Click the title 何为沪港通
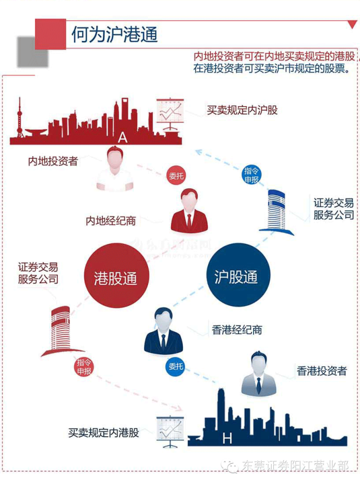(x=114, y=35)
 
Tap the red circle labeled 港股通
(x=115, y=277)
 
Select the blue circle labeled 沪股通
(x=236, y=277)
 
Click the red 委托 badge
(x=176, y=176)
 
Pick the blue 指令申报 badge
(x=251, y=175)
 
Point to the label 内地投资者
(x=53, y=161)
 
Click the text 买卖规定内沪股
(x=242, y=110)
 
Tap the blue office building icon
(x=276, y=211)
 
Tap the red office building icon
(x=61, y=331)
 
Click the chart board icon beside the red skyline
(x=170, y=114)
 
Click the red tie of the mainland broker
(x=189, y=221)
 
